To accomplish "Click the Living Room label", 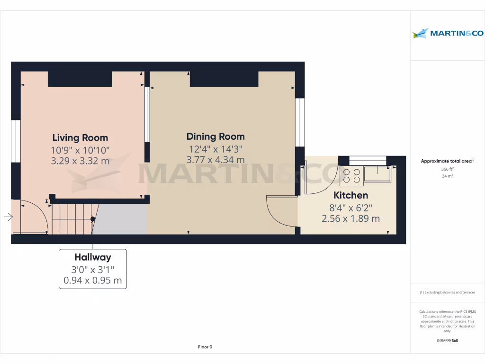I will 80,138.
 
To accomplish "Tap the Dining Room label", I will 216,136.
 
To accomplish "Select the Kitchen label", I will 350,195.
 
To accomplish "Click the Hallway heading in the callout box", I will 93,257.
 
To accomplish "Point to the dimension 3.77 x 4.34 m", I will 216,160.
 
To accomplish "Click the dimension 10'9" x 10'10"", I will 80,150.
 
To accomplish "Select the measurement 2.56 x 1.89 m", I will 350,218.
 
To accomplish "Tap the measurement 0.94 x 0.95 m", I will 93,281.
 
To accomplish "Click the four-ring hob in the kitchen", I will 351,176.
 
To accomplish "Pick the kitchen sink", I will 377,174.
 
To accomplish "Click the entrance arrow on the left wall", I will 9,217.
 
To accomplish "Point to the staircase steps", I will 71,218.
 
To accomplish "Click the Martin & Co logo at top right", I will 448,33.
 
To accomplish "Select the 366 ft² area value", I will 448,169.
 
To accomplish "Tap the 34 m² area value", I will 448,176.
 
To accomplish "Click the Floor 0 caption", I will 205,347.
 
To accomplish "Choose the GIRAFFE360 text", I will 448,341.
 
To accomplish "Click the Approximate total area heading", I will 447,161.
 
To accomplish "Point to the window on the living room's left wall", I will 16,141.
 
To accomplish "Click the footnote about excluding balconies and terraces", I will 448,292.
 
